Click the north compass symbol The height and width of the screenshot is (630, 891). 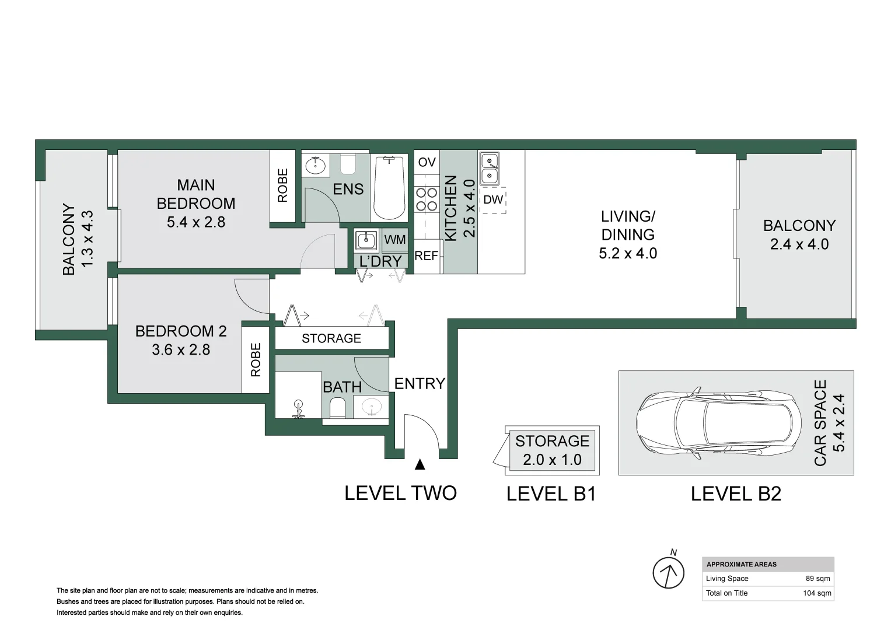[668, 572]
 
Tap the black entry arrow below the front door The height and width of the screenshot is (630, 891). [420, 464]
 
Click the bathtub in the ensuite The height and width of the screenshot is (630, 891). [389, 187]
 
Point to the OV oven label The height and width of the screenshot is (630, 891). [427, 162]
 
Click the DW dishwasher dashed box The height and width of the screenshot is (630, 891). [493, 200]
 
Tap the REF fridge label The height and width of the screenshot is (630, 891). [426, 256]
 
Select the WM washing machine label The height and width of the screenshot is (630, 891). [395, 239]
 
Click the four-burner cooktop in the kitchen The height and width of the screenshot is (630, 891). [427, 199]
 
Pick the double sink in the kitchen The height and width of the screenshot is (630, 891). [489, 167]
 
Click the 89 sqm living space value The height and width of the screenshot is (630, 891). [817, 579]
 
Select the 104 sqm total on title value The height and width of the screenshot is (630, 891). [816, 593]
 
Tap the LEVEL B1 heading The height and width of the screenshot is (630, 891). [551, 494]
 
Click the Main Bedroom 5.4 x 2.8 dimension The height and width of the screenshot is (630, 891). [196, 222]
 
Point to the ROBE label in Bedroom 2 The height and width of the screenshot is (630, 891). [256, 359]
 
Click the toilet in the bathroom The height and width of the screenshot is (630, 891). [338, 408]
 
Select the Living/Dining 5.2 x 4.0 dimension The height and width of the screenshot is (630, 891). [628, 253]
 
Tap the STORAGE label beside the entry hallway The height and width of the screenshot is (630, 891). [331, 338]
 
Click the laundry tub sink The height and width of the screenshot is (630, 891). [366, 240]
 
